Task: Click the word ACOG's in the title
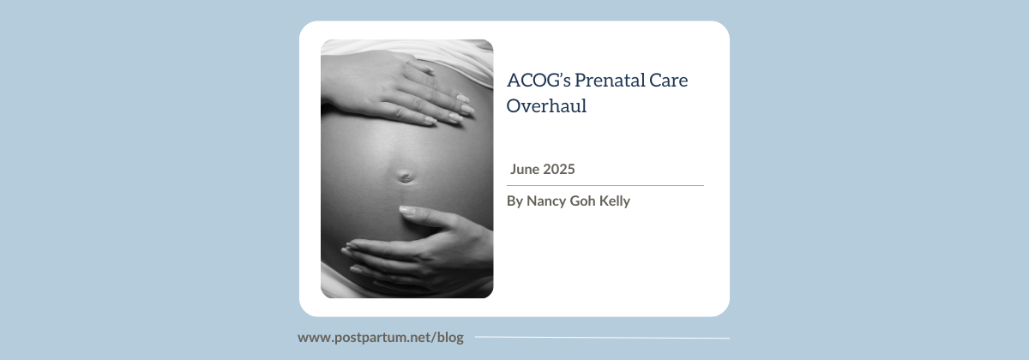pos(539,80)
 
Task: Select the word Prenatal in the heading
pos(609,80)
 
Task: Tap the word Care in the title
pos(668,81)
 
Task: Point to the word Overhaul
pos(547,105)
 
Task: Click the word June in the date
pos(525,169)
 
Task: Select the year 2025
pos(559,169)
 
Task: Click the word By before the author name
pos(514,201)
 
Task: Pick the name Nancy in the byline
pos(546,201)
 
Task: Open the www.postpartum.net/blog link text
pos(381,338)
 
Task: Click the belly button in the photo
pos(405,177)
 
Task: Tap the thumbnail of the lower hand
pos(407,211)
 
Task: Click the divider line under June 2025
pos(605,185)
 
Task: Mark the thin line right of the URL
pos(602,338)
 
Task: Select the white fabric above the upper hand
pos(450,55)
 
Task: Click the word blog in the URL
pos(450,338)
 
